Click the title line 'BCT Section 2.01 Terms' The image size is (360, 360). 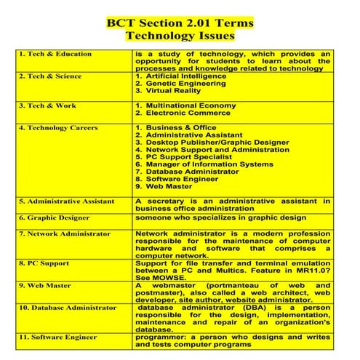pyautogui.click(x=180, y=22)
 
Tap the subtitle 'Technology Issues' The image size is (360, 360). pyautogui.click(x=180, y=35)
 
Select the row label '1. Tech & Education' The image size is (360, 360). pyautogui.click(x=55, y=54)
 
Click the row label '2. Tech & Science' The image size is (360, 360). pyautogui.click(x=50, y=76)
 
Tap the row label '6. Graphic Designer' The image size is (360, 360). pyautogui.click(x=55, y=217)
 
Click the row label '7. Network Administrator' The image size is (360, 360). pyautogui.click(x=65, y=233)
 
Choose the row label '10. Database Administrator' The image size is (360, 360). pyautogui.click(x=68, y=308)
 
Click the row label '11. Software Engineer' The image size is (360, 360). pyautogui.click(x=58, y=337)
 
